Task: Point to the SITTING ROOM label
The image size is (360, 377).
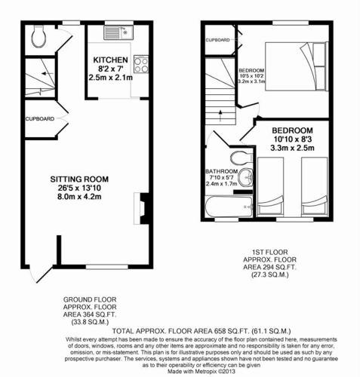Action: coord(75,179)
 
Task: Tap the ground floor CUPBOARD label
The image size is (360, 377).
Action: coord(38,119)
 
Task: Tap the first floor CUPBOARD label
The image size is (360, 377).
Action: coord(217,38)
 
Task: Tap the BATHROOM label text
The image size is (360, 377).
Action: coord(221,171)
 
